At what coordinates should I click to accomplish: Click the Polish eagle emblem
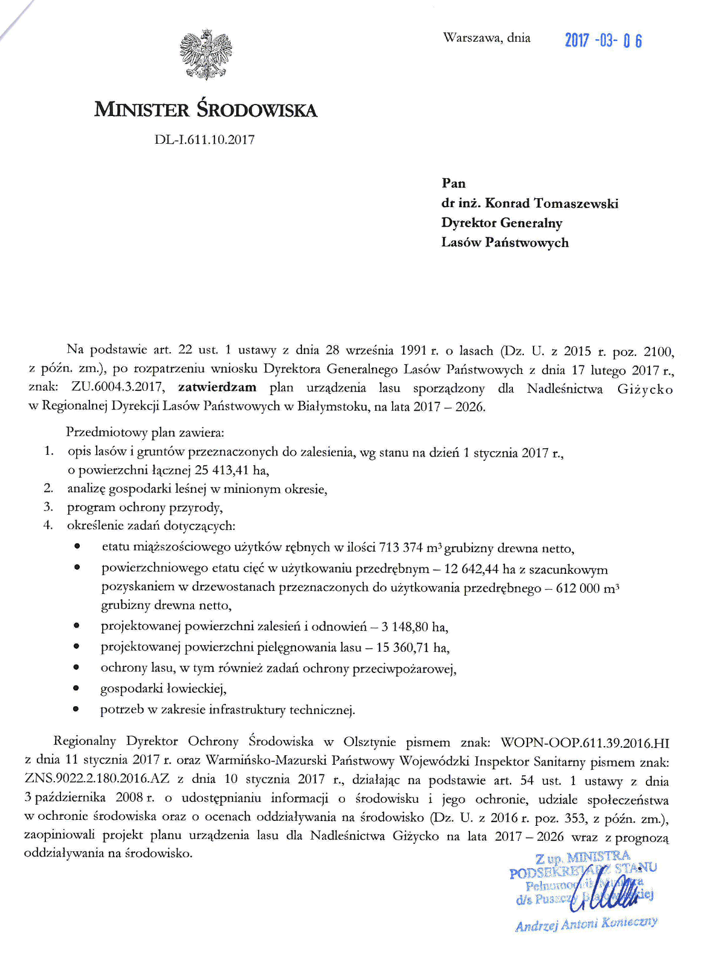point(206,54)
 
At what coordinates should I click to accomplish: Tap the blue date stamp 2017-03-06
point(603,40)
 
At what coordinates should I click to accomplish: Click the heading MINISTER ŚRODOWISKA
point(205,110)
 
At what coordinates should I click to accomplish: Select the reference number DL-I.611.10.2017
point(204,140)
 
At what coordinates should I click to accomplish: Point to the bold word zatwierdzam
point(217,387)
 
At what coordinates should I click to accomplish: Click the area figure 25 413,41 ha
point(231,470)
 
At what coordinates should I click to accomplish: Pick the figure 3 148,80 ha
point(414,626)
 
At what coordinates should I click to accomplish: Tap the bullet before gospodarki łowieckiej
point(76,687)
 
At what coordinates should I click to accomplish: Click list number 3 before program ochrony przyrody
point(48,507)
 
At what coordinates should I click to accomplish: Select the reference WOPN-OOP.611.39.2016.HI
point(585,742)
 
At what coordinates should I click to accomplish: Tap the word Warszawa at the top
point(471,38)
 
